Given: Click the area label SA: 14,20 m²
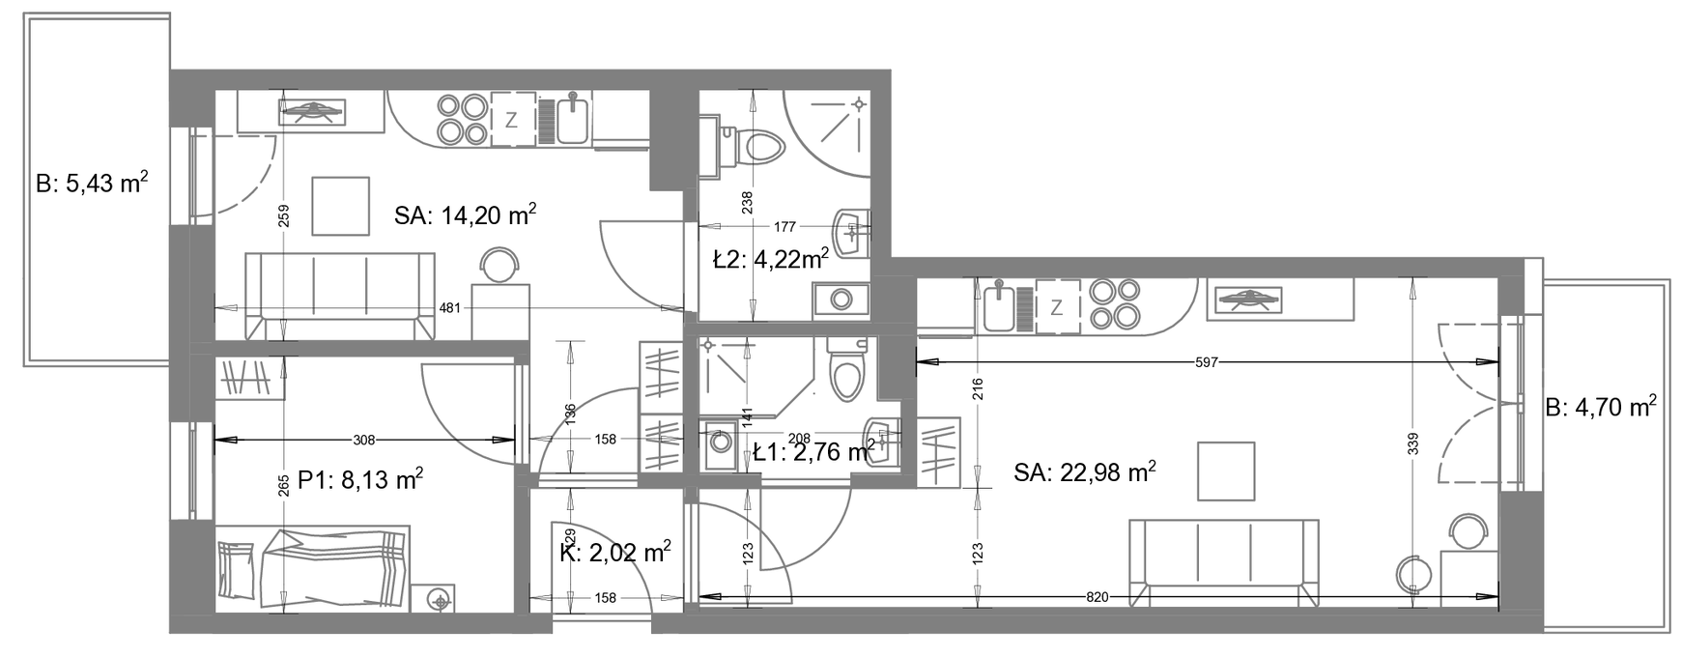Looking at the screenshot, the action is [x=466, y=214].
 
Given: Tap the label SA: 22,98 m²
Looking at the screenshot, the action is [x=1086, y=471].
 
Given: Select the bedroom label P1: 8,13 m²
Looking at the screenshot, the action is [x=360, y=479].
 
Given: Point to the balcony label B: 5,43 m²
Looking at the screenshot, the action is [x=92, y=183].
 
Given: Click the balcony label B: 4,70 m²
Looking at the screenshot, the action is [x=1601, y=407].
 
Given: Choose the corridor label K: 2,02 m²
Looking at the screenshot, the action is [x=615, y=553].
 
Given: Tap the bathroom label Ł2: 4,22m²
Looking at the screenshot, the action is [x=770, y=259].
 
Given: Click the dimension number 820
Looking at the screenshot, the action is [x=1098, y=597].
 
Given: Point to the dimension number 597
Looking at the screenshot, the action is [x=1207, y=362].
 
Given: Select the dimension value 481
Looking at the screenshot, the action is [x=450, y=308].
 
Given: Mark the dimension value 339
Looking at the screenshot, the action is [x=1411, y=444].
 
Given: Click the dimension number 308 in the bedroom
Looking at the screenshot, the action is [x=363, y=440].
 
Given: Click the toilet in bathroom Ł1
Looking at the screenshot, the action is [x=846, y=369].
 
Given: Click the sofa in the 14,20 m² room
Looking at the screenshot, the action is [x=340, y=295].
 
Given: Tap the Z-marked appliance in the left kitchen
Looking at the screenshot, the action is [x=512, y=120].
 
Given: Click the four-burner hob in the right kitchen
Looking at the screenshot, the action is [x=1112, y=304].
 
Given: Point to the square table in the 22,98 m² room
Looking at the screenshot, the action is [x=1226, y=471].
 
